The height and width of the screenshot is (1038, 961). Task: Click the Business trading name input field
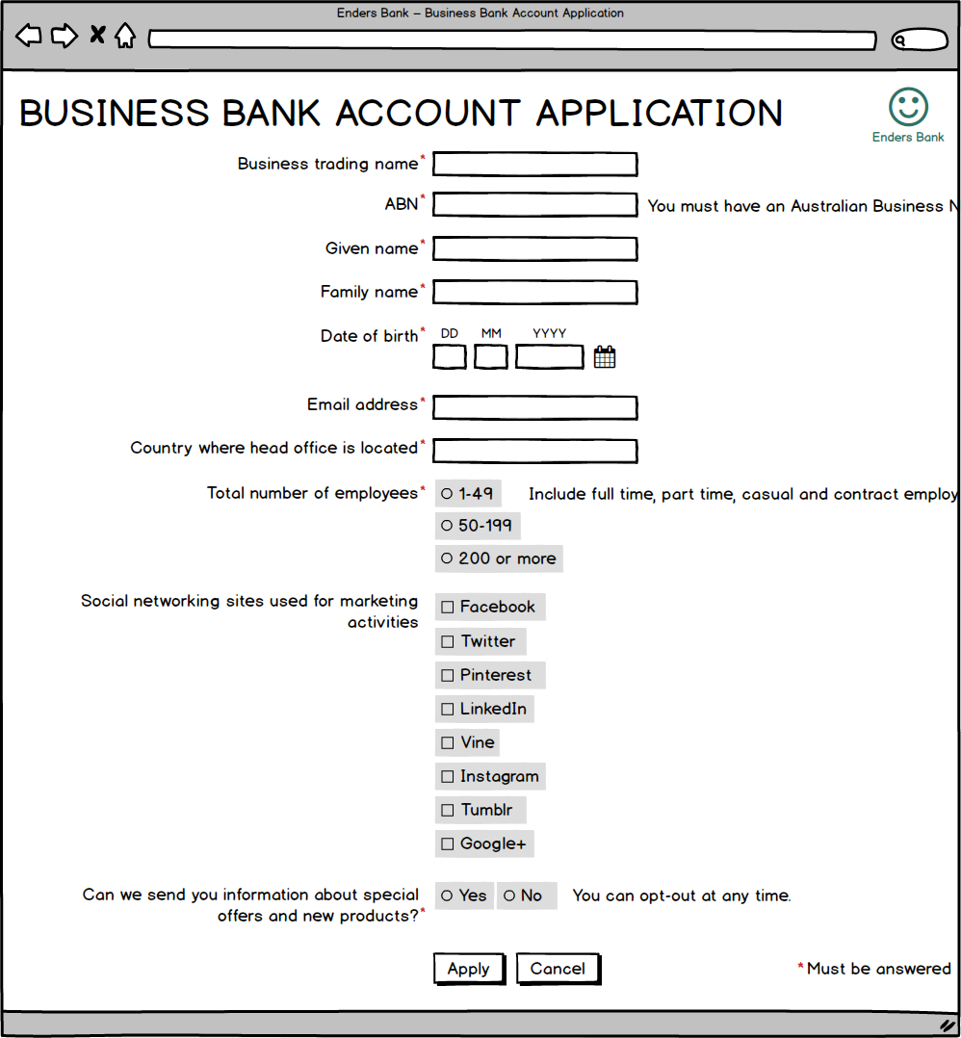click(x=534, y=165)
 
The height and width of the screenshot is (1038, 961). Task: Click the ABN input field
click(x=534, y=205)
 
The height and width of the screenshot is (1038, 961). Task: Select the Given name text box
click(x=534, y=249)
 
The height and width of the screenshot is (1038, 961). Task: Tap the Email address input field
click(x=534, y=408)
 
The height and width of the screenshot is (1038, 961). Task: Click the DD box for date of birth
click(x=450, y=357)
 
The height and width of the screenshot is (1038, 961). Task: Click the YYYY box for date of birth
click(x=550, y=357)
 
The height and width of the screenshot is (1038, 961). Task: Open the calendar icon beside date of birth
click(x=605, y=357)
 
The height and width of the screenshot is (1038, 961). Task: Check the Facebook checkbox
click(x=448, y=608)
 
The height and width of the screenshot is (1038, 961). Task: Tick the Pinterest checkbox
click(x=448, y=676)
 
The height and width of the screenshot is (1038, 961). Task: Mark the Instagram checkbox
click(x=448, y=777)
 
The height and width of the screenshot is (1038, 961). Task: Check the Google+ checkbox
click(x=448, y=844)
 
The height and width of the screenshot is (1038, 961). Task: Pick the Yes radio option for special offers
click(x=447, y=895)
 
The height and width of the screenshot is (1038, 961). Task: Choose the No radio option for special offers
click(x=509, y=895)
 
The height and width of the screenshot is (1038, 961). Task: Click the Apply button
click(x=469, y=969)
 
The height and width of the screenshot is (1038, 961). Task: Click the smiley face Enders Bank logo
click(x=908, y=107)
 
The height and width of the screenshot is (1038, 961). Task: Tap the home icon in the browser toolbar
click(x=125, y=37)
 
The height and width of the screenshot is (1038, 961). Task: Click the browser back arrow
click(x=29, y=37)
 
